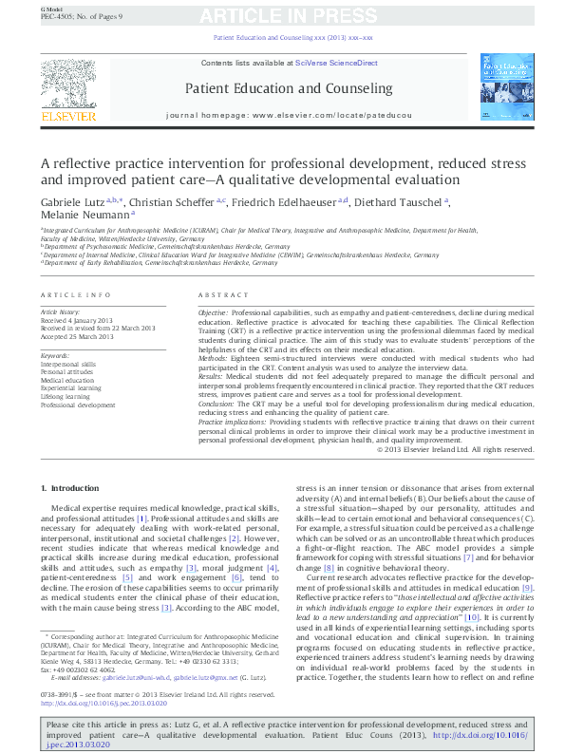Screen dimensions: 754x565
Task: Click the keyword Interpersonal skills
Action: pos(67,364)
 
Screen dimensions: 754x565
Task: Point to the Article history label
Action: pos(60,311)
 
